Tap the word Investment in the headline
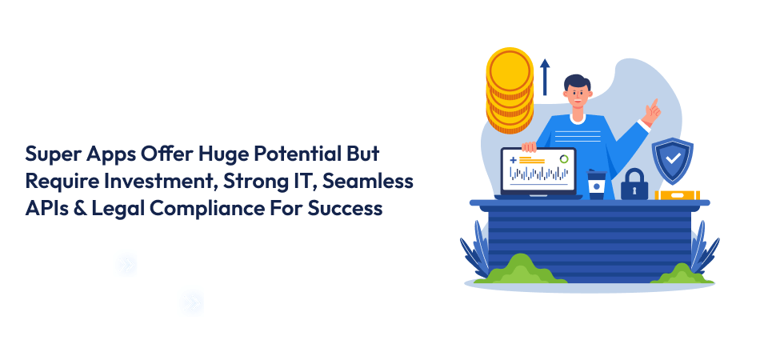point(159,182)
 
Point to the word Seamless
point(368,182)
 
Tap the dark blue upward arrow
point(546,77)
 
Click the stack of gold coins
point(510,90)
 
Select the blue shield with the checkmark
point(672,160)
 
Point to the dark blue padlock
point(634,184)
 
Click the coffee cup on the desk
point(596,185)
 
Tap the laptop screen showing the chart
point(538,170)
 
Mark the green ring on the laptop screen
point(564,159)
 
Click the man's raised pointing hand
point(651,113)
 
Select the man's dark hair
point(577,83)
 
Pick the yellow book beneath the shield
point(677,194)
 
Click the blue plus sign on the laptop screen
point(514,159)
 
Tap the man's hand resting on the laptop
point(529,146)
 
